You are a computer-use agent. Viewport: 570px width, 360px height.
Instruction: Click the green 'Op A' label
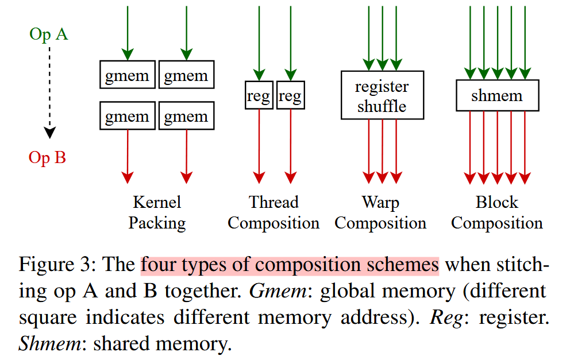48,35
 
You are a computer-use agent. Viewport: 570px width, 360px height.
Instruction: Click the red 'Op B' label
47,157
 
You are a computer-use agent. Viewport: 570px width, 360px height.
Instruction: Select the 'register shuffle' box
382,95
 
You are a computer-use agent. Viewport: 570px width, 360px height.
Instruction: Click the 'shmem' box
497,95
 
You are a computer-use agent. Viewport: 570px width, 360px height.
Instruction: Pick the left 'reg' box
259,95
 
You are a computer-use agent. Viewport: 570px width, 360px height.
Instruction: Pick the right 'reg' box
290,95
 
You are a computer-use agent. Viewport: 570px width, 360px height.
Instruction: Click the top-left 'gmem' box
127,75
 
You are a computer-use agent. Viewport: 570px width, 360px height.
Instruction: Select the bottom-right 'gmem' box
186,116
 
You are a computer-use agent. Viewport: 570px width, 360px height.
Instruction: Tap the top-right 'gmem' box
186,75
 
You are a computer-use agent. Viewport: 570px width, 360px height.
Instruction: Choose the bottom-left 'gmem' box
127,116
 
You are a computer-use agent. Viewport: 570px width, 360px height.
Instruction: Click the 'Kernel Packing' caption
157,212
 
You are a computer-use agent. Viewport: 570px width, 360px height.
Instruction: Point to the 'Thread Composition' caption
274,212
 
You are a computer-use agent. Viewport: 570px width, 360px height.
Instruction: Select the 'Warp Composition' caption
380,212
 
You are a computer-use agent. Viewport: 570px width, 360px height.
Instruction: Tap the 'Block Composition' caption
496,212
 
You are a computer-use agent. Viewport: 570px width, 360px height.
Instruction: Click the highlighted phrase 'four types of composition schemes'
290,265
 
